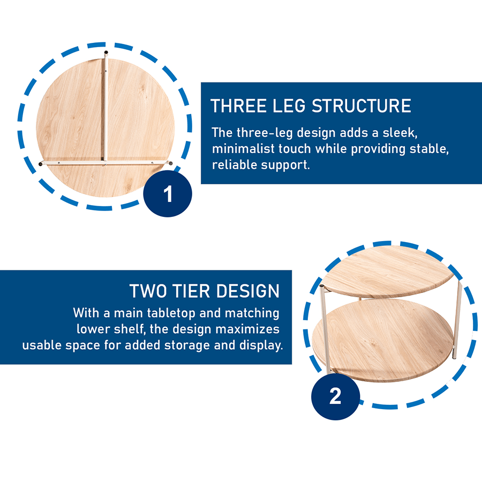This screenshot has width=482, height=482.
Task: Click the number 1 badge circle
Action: point(168,194)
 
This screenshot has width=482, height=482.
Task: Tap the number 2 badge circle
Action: point(335,396)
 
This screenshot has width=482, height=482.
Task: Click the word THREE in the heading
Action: point(238,106)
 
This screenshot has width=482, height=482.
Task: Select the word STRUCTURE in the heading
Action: point(361,106)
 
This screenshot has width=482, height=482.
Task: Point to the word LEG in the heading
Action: point(289,106)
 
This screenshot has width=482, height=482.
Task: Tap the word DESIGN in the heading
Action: point(247,291)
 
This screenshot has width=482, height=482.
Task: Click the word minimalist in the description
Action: point(243,149)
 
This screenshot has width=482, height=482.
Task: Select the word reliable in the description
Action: point(235,165)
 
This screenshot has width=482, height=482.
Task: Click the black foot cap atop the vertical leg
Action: point(106,52)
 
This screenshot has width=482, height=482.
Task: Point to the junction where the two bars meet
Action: point(105,161)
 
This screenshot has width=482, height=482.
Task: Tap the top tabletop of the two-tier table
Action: point(388,271)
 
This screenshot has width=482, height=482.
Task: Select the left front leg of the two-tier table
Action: point(325,329)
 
